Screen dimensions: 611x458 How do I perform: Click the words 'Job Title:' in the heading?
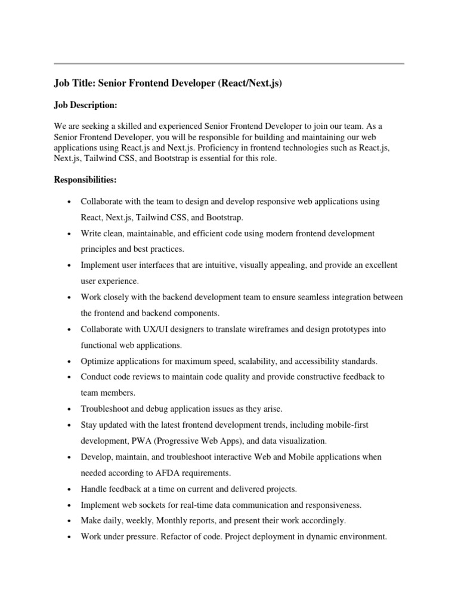pos(75,84)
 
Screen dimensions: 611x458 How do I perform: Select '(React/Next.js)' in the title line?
pos(251,84)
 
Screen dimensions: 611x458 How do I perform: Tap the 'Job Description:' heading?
pos(85,105)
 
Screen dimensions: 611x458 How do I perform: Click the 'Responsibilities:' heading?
pos(85,180)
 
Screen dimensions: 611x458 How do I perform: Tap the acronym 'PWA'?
pos(139,441)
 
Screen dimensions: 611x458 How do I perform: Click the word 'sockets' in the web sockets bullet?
pos(150,505)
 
